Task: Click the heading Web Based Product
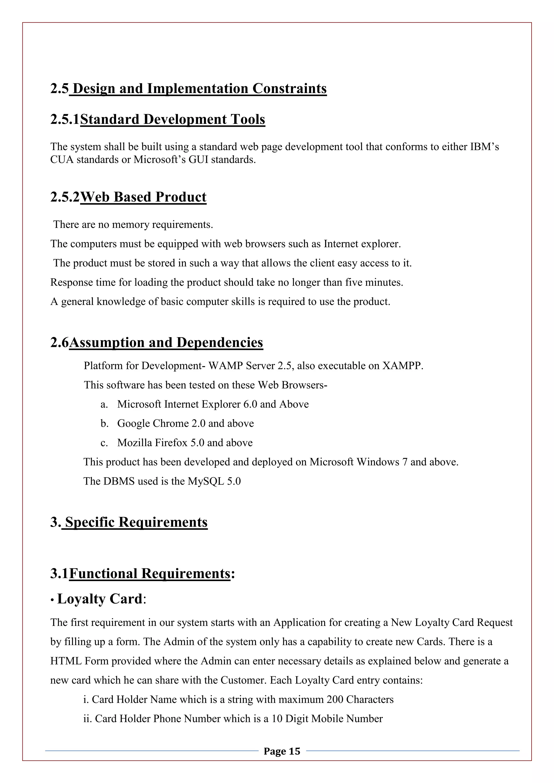click(143, 197)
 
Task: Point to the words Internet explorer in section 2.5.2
click(362, 244)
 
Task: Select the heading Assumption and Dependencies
click(166, 342)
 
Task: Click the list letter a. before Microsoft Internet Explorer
click(104, 404)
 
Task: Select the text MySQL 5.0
click(214, 481)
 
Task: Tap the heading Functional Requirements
click(150, 574)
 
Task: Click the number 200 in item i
click(335, 699)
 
